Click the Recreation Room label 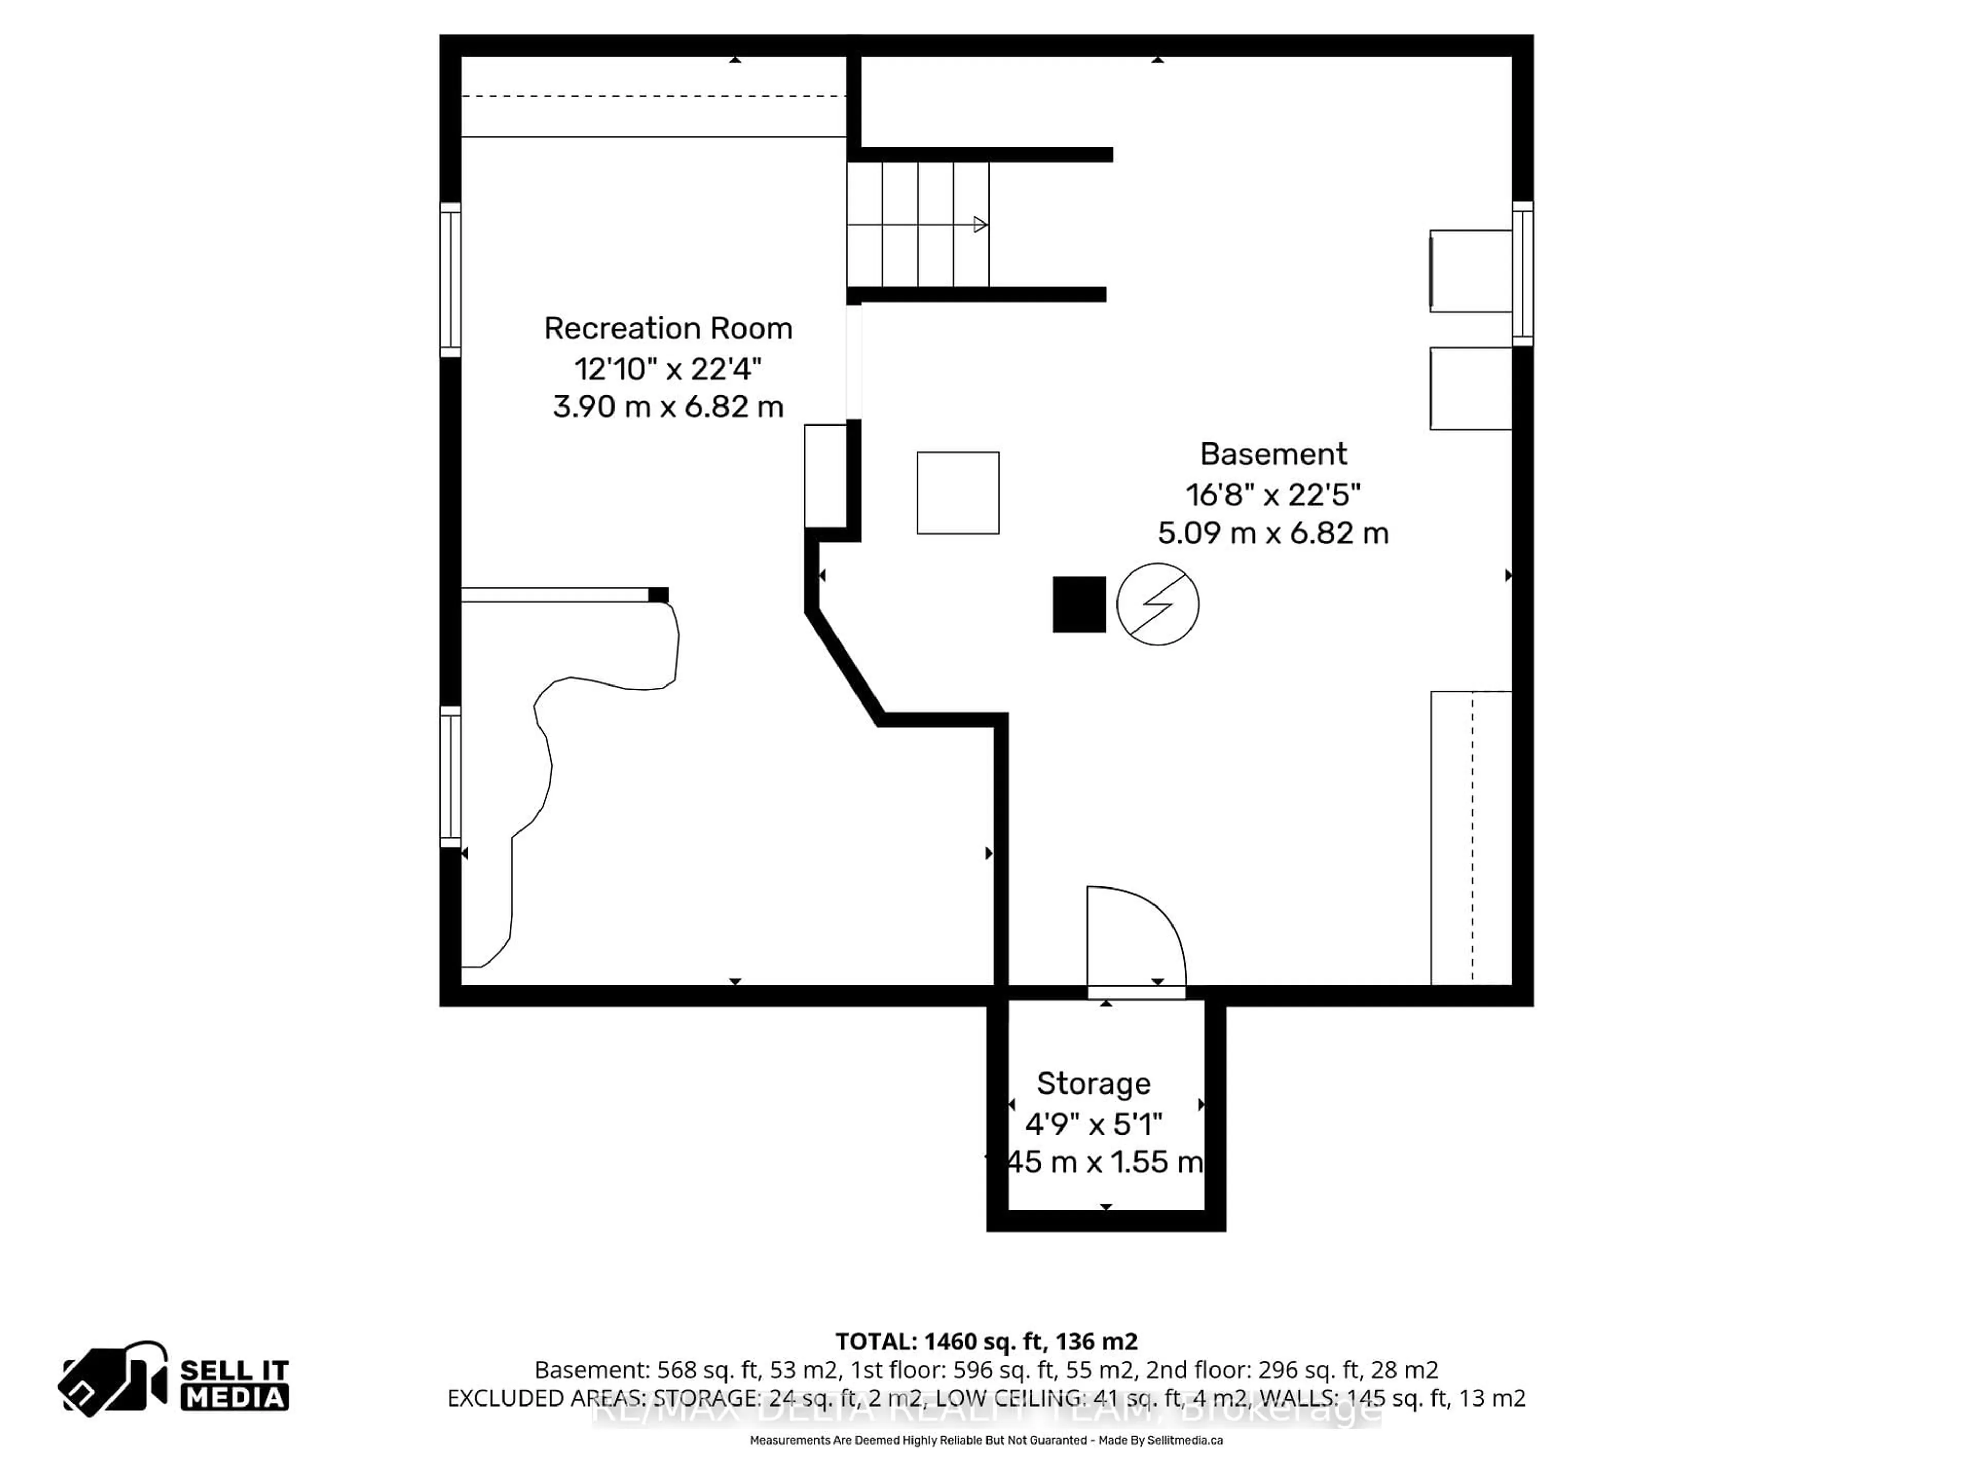point(668,328)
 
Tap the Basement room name point(1273,454)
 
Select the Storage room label point(1093,1083)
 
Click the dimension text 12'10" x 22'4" point(668,367)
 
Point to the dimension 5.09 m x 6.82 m point(1273,532)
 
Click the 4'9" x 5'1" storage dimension point(1093,1123)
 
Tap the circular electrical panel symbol point(1158,604)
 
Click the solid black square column point(1079,604)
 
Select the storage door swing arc point(1150,919)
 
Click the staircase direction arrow point(979,225)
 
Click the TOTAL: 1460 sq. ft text point(985,1341)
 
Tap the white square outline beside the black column point(958,493)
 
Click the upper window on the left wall point(451,279)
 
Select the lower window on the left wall point(451,776)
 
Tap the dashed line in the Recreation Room point(653,96)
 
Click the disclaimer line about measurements point(985,1440)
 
